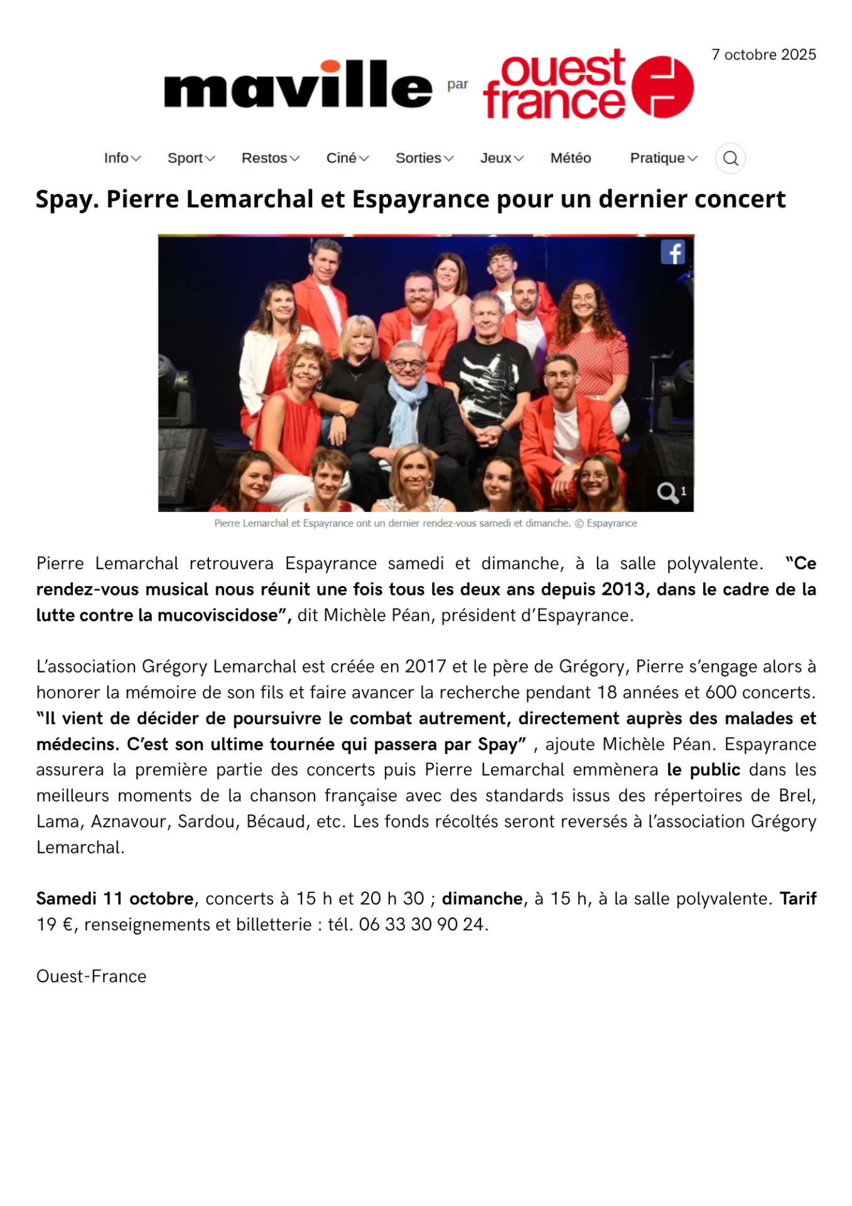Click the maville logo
tap(298, 85)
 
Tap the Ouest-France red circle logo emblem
tap(662, 87)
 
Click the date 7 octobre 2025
tap(763, 55)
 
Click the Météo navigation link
tap(570, 158)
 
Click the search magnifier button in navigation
tap(730, 158)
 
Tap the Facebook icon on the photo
tap(672, 253)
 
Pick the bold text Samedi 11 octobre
tap(115, 899)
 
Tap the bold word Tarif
tap(797, 899)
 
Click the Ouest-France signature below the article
tap(92, 976)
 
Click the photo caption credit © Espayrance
tap(606, 523)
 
